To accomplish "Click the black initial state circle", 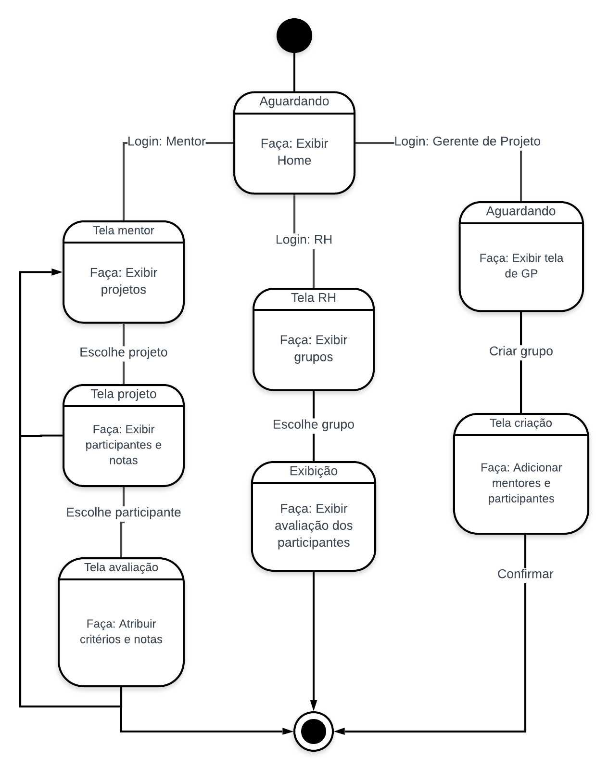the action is coord(294,36).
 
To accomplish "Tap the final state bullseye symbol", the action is coord(313,731).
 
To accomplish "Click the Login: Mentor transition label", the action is coord(166,141).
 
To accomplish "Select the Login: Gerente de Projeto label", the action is coord(467,141).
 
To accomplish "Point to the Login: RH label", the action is coord(304,239).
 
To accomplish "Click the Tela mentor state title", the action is coord(124,231).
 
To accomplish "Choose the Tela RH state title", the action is coord(313,298).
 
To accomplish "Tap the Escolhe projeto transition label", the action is coord(124,352).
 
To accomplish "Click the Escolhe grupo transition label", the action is coord(313,424).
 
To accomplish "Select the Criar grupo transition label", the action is coord(521,351).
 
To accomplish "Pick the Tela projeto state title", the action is coord(124,394).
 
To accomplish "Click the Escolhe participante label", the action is coord(124,513).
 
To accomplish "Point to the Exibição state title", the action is coord(313,471).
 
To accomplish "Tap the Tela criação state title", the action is coord(521,423).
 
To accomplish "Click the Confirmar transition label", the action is coord(525,574).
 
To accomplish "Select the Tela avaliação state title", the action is coord(121,567).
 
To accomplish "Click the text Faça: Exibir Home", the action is coord(294,152).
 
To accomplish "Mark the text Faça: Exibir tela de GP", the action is coord(521,266).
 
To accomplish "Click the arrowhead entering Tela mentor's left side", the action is coord(57,272).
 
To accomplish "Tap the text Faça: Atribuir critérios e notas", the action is coord(121,631).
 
